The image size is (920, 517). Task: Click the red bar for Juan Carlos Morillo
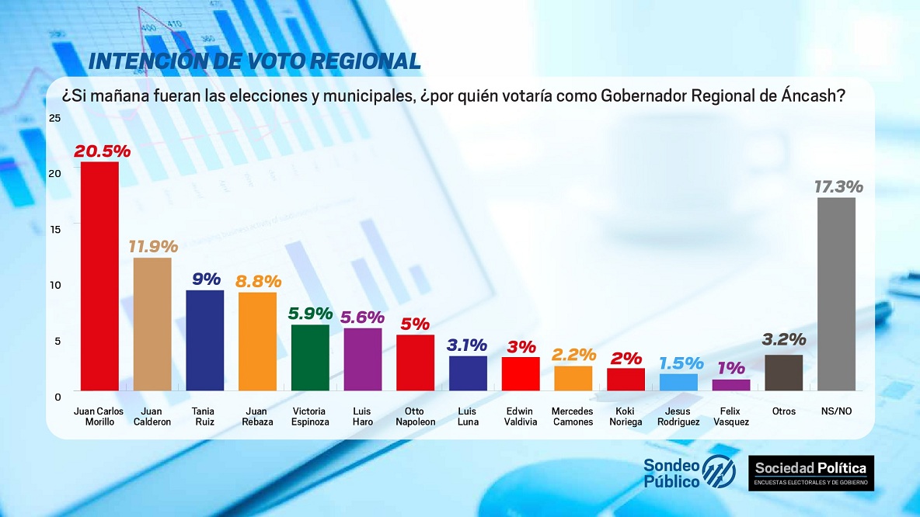click(x=99, y=276)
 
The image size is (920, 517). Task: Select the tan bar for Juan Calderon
click(x=152, y=324)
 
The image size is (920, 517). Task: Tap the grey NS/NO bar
click(x=837, y=293)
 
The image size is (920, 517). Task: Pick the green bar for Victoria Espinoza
click(x=310, y=357)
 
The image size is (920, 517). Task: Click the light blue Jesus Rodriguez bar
click(x=678, y=382)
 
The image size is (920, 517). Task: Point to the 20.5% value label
click(x=102, y=151)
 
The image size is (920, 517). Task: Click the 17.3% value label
click(x=838, y=187)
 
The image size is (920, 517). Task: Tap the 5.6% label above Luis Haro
click(x=363, y=317)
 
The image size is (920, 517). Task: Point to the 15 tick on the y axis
click(x=54, y=229)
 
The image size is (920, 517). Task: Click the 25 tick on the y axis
click(x=54, y=117)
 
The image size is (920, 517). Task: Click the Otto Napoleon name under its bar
click(x=416, y=416)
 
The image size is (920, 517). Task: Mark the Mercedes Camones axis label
click(x=573, y=416)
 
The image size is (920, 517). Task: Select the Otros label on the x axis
click(x=784, y=411)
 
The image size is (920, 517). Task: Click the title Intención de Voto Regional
click(x=255, y=61)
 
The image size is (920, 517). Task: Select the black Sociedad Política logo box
click(x=811, y=473)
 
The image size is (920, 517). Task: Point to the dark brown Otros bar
click(x=784, y=373)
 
